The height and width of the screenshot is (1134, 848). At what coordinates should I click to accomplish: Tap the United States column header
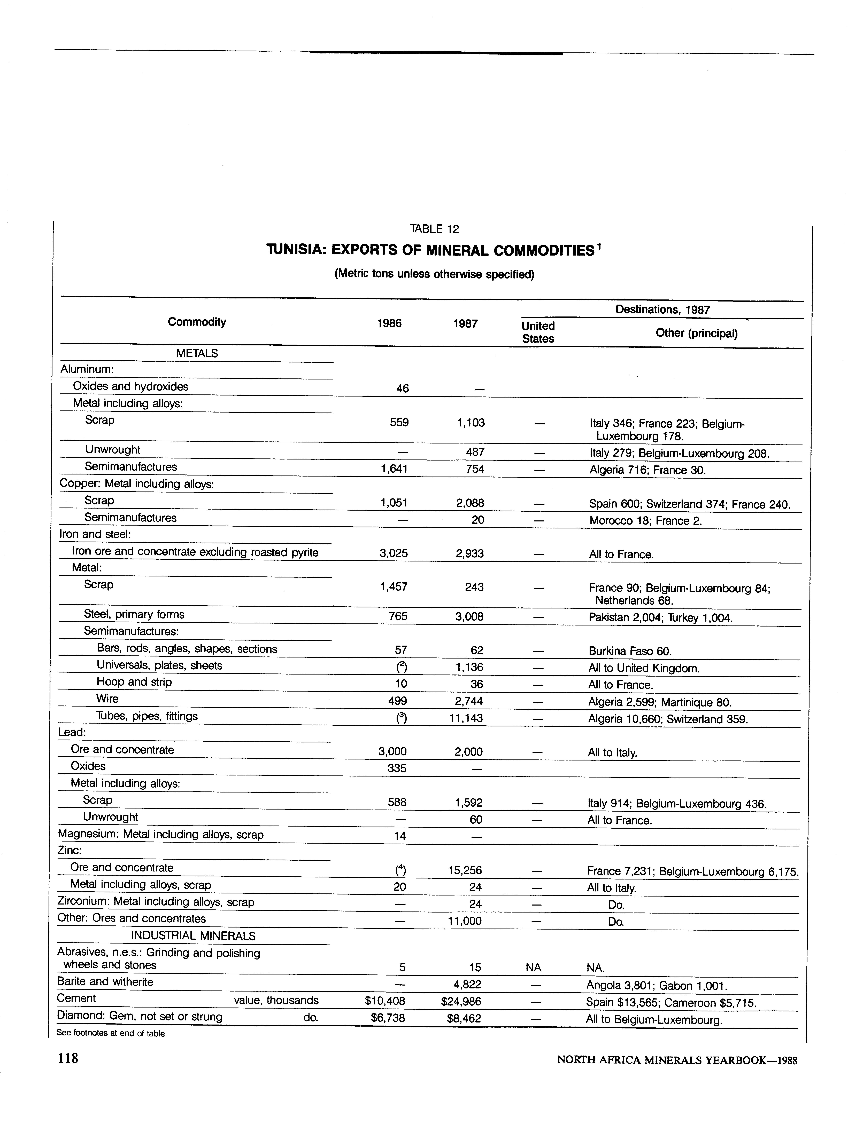tap(538, 332)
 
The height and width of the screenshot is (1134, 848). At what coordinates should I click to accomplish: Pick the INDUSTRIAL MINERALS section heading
tap(193, 936)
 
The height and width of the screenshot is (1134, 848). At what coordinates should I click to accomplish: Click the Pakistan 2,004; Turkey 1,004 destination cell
tap(660, 617)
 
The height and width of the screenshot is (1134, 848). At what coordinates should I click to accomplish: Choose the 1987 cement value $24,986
tap(461, 1001)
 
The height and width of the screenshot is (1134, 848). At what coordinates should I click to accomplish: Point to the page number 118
tap(68, 1058)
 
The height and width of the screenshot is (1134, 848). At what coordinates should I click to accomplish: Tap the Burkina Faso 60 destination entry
tap(629, 651)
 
